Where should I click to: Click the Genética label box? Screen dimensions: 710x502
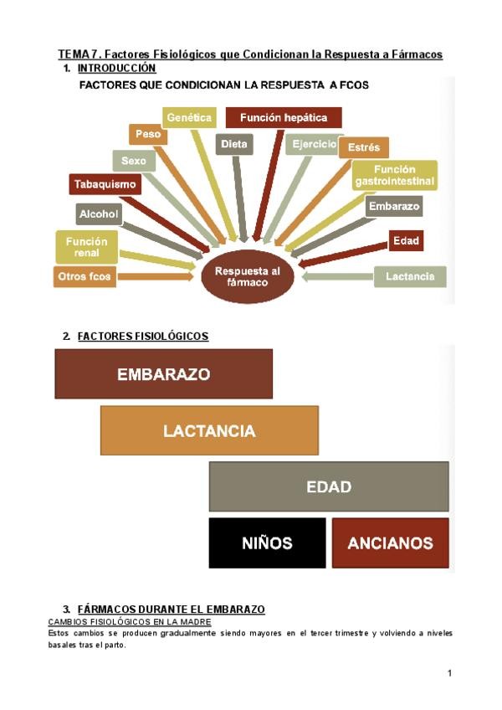point(188,118)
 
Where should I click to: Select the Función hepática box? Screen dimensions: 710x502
point(284,118)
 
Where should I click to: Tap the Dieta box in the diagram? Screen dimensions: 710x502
point(234,144)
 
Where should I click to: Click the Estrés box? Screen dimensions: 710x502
point(363,147)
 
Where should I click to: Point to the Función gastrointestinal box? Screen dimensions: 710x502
point(395,175)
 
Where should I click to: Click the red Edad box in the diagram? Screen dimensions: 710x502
point(406,241)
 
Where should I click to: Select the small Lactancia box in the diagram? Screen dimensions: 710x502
point(410,276)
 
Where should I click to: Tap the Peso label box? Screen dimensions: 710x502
point(147,134)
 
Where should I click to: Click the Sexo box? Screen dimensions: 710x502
point(133,160)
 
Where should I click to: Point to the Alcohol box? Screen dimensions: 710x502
point(99,214)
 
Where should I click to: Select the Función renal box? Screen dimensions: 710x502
point(81,246)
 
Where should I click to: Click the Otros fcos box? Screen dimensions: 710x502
point(85,276)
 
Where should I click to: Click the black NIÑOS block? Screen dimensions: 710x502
point(267,543)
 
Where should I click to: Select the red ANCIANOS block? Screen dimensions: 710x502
point(390,543)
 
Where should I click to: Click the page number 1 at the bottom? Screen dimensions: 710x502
point(449,673)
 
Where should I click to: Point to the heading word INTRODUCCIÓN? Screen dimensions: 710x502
point(116,67)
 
